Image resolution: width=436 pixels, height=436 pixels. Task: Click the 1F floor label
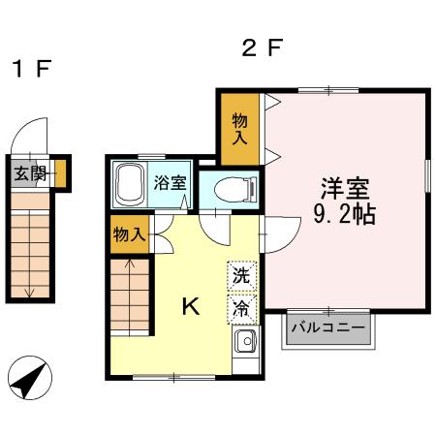31,69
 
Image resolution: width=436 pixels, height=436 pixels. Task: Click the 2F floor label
263,47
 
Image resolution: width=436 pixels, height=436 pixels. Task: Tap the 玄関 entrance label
30,173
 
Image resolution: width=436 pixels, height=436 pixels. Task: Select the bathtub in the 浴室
130,184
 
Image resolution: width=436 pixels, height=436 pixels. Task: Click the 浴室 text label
170,183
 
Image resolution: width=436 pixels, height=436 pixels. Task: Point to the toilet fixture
235,190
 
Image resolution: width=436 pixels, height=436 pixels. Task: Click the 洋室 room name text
345,189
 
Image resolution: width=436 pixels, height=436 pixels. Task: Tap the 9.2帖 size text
345,214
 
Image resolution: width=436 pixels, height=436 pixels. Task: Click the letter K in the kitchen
191,306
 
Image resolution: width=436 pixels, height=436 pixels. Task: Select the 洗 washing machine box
242,276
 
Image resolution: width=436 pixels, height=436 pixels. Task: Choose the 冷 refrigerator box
242,309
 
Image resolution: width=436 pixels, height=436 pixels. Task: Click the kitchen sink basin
246,341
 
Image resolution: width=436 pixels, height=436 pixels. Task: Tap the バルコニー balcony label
328,327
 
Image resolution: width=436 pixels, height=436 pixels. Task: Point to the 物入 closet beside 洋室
240,129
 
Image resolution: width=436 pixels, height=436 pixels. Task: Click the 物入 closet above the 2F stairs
130,234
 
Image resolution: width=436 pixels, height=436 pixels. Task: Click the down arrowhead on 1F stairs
30,294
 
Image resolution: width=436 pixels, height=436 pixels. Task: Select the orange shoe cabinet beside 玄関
60,173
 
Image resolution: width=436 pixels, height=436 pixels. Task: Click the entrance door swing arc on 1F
24,127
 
